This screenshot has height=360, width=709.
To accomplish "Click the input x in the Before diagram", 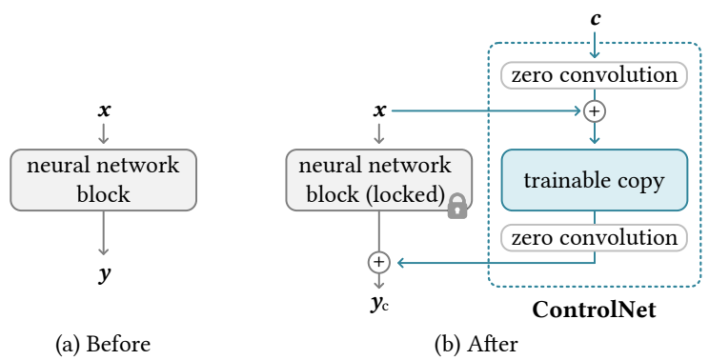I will pos(104,110).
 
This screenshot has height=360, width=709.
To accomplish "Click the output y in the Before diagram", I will pos(104,274).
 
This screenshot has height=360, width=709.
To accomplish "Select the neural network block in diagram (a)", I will pos(103,179).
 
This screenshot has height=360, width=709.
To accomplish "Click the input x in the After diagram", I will pos(379,110).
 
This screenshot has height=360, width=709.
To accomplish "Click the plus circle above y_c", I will pos(379,260).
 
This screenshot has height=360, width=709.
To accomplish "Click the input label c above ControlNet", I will pos(596,18).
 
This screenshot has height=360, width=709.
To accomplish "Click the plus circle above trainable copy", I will pos(596,110).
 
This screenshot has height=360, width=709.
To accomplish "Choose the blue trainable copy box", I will pos(596,179).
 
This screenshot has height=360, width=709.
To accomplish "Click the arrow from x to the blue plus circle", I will pos(486,110).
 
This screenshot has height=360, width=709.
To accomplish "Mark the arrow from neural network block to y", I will pos(104,233).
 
